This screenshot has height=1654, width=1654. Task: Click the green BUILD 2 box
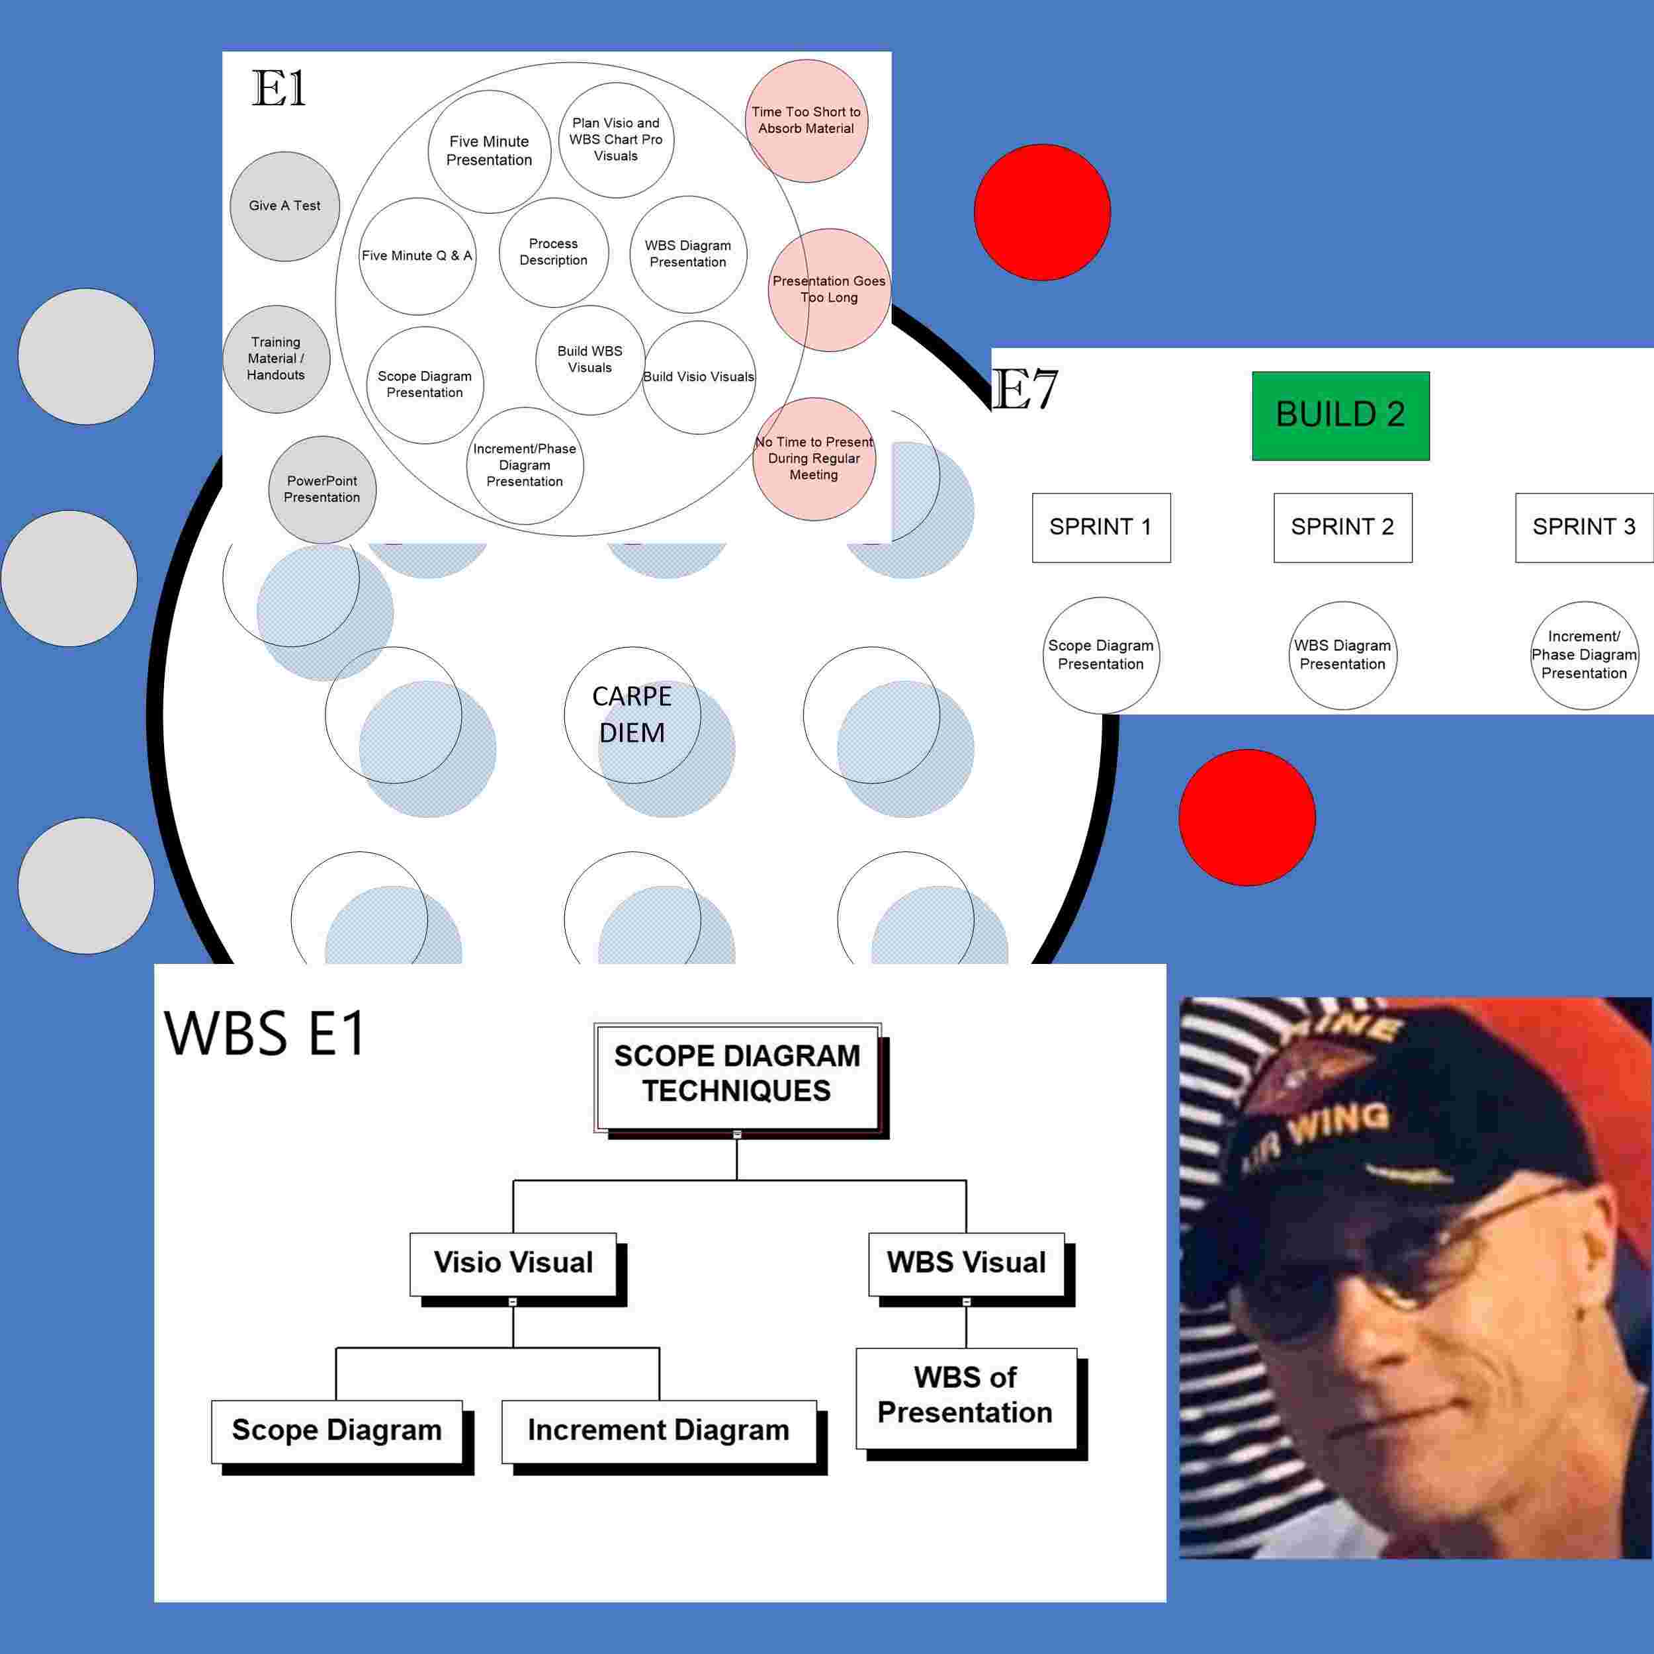click(1340, 415)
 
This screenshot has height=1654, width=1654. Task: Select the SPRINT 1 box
click(1101, 527)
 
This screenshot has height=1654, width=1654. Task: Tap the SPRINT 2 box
click(1342, 527)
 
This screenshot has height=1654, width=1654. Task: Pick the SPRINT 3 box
click(1583, 527)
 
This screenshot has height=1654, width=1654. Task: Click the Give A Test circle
click(284, 206)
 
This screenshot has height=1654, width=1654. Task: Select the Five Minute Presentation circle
click(489, 152)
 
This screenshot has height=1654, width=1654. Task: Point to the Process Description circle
click(553, 253)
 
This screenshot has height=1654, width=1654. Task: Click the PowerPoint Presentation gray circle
click(322, 490)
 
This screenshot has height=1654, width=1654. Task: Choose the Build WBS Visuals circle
click(590, 359)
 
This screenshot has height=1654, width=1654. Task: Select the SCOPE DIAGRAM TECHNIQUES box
click(737, 1074)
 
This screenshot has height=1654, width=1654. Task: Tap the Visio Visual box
click(513, 1263)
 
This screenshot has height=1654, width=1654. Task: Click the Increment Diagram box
click(658, 1430)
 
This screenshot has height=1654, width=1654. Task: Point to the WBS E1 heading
click(265, 1033)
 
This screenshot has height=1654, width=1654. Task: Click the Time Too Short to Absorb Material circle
click(806, 120)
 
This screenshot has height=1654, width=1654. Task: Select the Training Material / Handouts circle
click(276, 359)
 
